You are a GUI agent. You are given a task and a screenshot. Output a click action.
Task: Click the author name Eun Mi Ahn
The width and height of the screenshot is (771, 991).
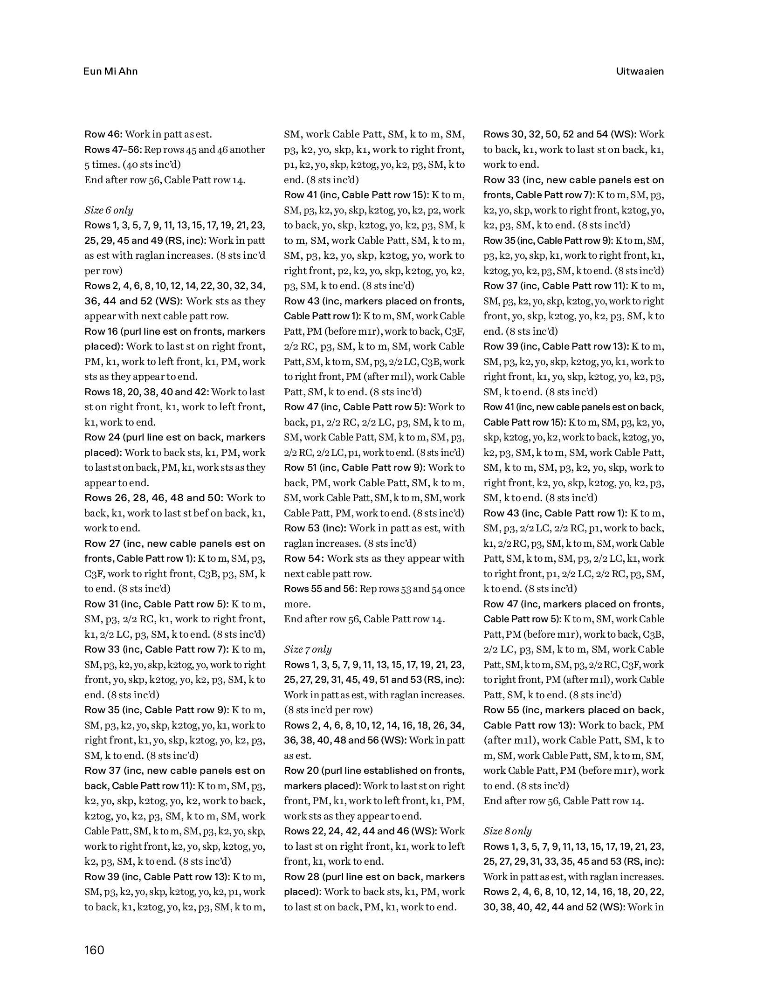[x=110, y=71]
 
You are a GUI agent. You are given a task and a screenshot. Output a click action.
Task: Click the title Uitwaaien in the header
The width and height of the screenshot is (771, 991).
[x=640, y=71]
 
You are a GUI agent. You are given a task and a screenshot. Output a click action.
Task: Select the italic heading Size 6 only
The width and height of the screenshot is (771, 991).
[x=109, y=210]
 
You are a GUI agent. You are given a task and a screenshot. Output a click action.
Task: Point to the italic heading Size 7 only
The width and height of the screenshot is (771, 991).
[x=308, y=649]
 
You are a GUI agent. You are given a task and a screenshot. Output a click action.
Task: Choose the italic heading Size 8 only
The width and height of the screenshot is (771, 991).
[x=507, y=831]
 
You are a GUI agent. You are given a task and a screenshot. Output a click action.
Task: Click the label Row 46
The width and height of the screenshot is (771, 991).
[x=103, y=135]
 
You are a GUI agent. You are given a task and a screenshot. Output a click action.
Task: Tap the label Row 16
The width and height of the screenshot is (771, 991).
[x=101, y=331]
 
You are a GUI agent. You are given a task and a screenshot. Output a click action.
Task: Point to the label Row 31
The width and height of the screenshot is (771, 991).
[x=101, y=604]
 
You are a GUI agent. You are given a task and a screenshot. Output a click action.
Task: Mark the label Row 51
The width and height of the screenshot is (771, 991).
[x=301, y=468]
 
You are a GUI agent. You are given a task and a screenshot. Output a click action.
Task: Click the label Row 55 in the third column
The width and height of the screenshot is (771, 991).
[x=501, y=710]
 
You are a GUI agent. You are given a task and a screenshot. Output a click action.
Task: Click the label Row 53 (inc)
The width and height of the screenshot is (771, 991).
[x=315, y=528]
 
